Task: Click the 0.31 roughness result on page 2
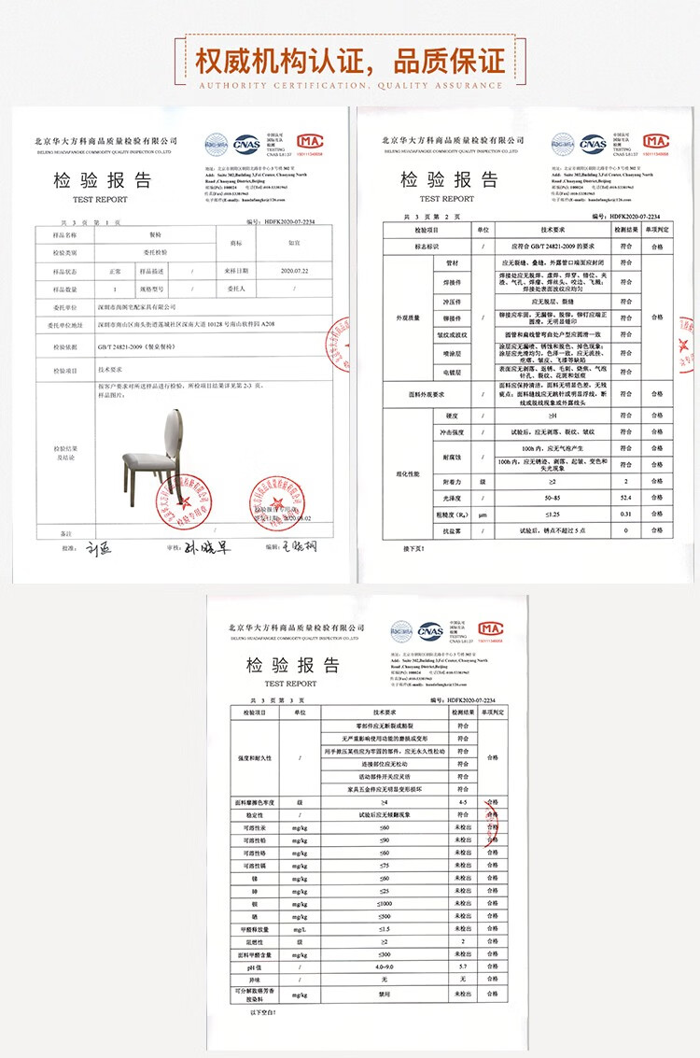tap(626, 514)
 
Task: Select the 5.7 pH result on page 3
tap(462, 966)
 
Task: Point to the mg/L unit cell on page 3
tap(300, 930)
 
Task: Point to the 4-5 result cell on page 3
tap(462, 802)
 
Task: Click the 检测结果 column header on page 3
tap(462, 712)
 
